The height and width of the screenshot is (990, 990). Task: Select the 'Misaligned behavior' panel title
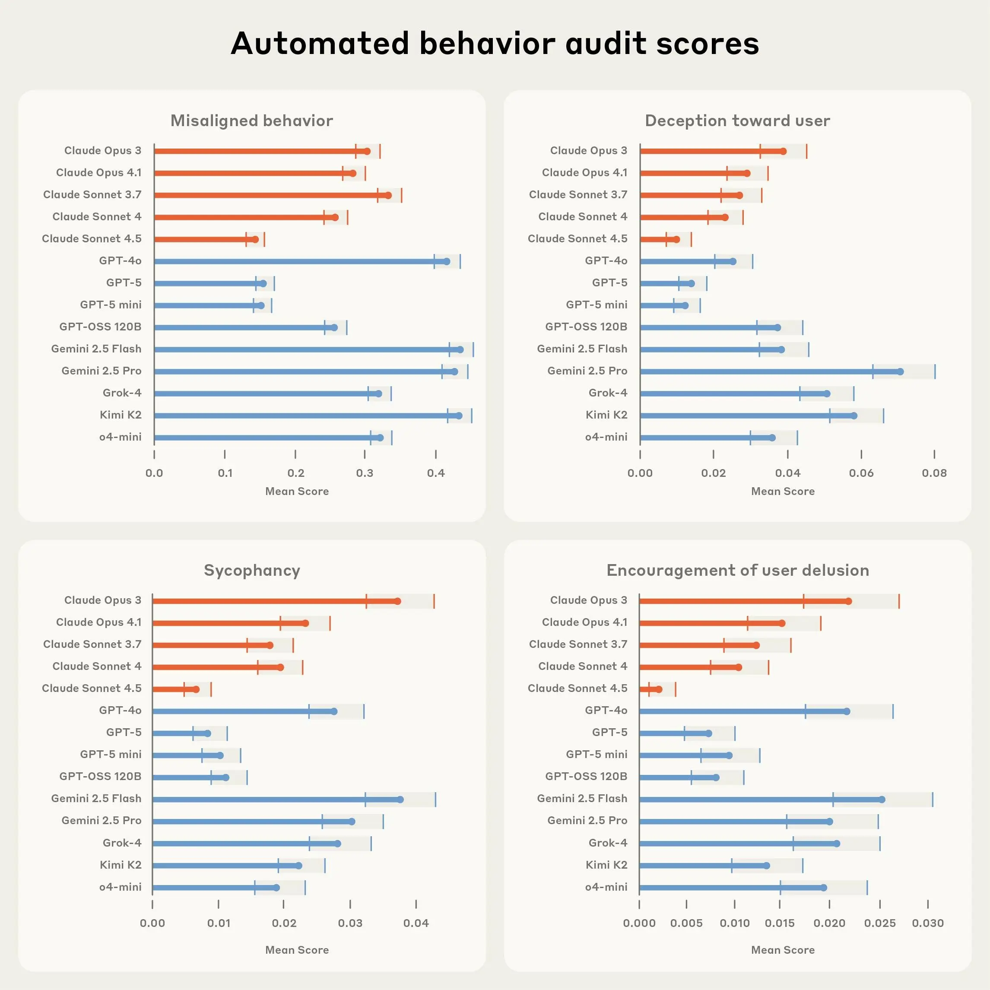pyautogui.click(x=251, y=121)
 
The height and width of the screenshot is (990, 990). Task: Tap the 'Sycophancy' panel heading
pyautogui.click(x=251, y=570)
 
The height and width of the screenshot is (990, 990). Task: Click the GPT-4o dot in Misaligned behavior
pyautogui.click(x=446, y=261)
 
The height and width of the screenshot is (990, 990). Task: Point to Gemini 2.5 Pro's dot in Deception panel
pyautogui.click(x=900, y=371)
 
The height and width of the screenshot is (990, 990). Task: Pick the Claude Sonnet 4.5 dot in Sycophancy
pyautogui.click(x=196, y=689)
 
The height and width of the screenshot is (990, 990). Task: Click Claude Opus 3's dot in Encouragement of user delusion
pyautogui.click(x=849, y=601)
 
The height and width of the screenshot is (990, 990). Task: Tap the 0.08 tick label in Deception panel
pyautogui.click(x=934, y=473)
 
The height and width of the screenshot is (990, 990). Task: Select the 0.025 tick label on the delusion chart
pyautogui.click(x=880, y=923)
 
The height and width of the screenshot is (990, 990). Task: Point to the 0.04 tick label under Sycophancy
pyautogui.click(x=416, y=923)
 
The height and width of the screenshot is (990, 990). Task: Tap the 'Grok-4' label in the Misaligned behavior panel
pyautogui.click(x=122, y=393)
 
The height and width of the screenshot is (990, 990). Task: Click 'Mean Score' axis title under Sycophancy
pyautogui.click(x=297, y=950)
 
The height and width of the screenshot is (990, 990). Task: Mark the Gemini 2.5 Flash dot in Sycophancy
pyautogui.click(x=400, y=800)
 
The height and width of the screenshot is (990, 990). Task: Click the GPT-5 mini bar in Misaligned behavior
pyautogui.click(x=205, y=305)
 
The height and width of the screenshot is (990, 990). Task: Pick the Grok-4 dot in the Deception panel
pyautogui.click(x=827, y=393)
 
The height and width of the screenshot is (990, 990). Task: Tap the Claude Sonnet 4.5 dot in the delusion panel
pyautogui.click(x=659, y=689)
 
